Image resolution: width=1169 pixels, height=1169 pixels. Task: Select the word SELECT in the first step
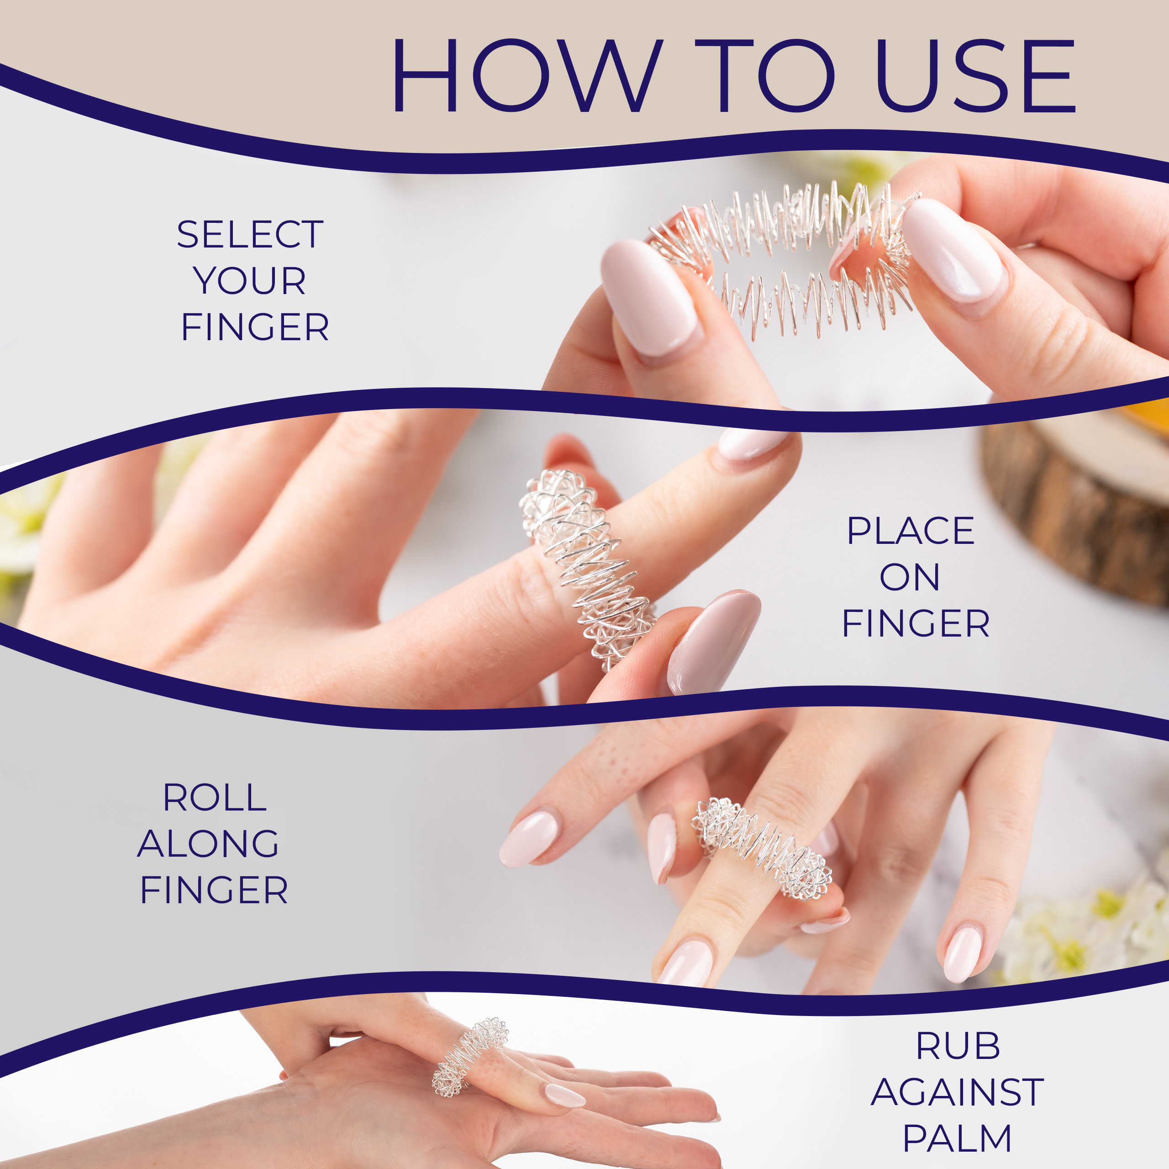pyautogui.click(x=250, y=235)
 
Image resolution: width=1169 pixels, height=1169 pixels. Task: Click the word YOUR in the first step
pyautogui.click(x=250, y=281)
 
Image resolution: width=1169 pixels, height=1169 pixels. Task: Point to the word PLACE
pyautogui.click(x=910, y=531)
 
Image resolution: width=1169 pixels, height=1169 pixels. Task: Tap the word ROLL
pyautogui.click(x=215, y=797)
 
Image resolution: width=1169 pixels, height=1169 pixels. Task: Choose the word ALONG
pyautogui.click(x=208, y=843)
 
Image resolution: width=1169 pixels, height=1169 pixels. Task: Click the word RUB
pyautogui.click(x=958, y=1046)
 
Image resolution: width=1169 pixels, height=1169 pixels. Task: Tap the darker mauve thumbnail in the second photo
pyautogui.click(x=714, y=642)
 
